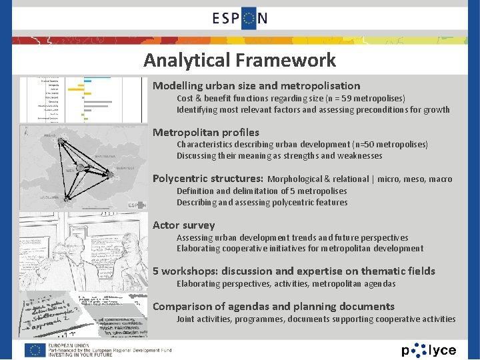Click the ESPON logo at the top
(x=240, y=18)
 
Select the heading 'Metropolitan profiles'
(x=206, y=132)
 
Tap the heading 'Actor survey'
(x=184, y=225)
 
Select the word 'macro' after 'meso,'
(x=441, y=179)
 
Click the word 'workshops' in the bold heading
(x=189, y=271)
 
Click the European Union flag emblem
(x=35, y=350)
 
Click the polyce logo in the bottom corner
(x=429, y=350)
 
